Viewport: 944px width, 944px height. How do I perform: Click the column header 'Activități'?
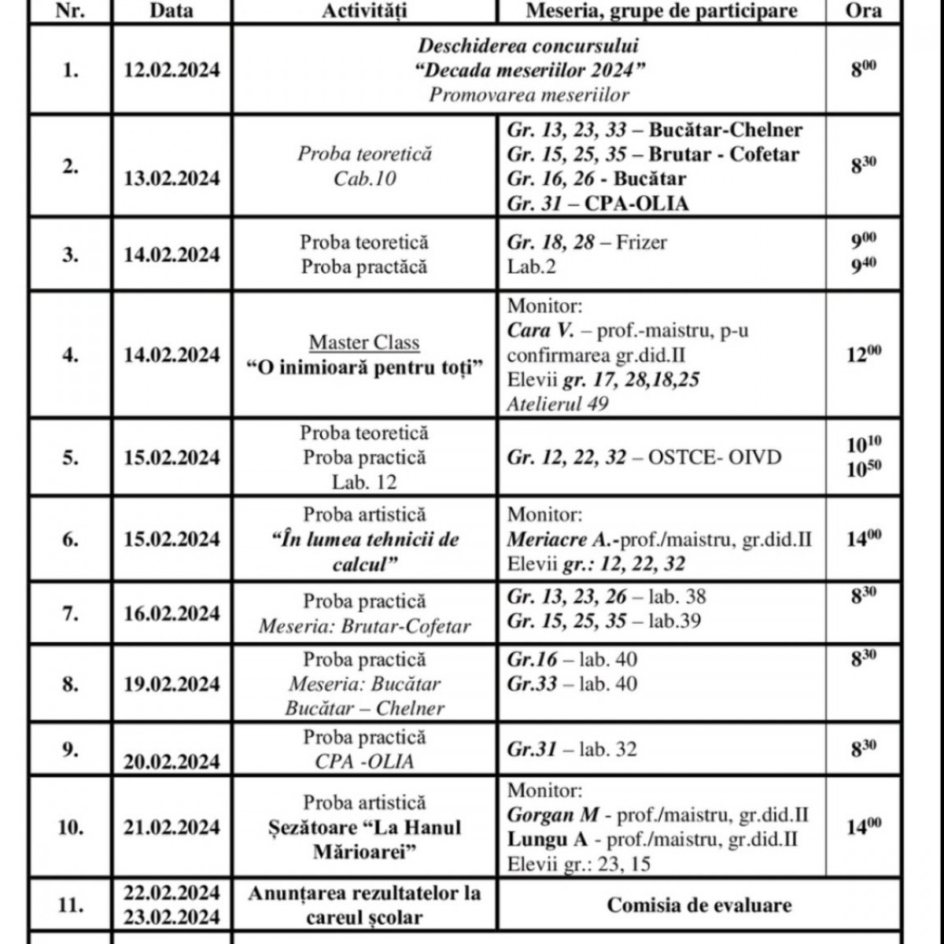(364, 10)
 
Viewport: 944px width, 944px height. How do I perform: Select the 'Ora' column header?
(863, 10)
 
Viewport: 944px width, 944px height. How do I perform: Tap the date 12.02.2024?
(171, 70)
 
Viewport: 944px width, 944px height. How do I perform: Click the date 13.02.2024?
(171, 179)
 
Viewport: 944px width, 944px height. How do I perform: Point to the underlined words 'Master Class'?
(364, 343)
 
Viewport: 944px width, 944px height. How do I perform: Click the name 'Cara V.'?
(538, 330)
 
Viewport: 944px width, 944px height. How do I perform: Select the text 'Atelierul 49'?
(558, 404)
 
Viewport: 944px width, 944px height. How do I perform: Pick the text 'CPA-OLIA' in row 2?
(636, 204)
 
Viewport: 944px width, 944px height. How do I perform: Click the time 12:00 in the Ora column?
(863, 355)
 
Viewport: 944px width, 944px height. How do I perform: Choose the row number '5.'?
(70, 458)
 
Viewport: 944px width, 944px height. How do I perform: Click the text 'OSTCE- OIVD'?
(714, 458)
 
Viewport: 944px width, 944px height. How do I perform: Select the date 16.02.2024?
(171, 614)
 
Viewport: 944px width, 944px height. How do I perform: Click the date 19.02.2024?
(171, 684)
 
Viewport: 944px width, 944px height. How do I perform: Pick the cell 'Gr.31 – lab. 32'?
(572, 750)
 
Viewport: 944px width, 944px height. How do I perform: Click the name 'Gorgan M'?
(553, 815)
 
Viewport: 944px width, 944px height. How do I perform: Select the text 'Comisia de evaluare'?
(699, 905)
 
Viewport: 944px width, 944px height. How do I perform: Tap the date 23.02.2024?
(171, 917)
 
